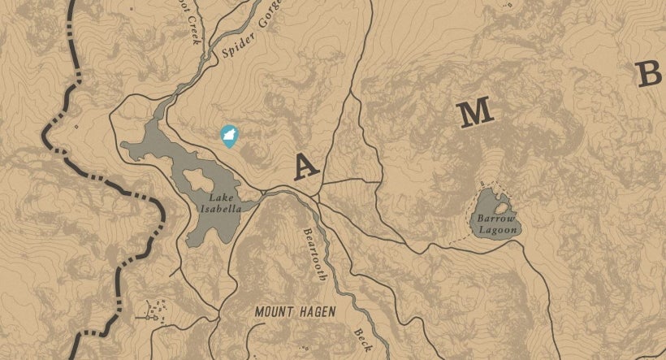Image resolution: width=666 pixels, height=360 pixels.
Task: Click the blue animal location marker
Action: click(x=229, y=136)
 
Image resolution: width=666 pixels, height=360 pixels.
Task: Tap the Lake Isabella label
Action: click(x=225, y=202)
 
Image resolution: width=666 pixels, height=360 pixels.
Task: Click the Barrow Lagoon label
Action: click(x=497, y=224)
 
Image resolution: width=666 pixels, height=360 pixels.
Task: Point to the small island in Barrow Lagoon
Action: click(x=502, y=207)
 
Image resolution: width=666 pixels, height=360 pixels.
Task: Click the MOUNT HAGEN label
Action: click(x=295, y=311)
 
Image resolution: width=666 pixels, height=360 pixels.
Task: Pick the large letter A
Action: click(x=305, y=166)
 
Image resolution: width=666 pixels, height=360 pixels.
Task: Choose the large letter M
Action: click(x=477, y=115)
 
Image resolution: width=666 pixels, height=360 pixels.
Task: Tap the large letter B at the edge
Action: click(x=650, y=75)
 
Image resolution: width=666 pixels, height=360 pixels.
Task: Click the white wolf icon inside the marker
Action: click(x=229, y=134)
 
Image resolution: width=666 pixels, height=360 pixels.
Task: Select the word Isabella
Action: click(x=225, y=208)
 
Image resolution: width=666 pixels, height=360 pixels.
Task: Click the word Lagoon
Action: click(x=497, y=230)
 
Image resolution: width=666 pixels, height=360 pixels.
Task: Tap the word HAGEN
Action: click(x=315, y=311)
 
